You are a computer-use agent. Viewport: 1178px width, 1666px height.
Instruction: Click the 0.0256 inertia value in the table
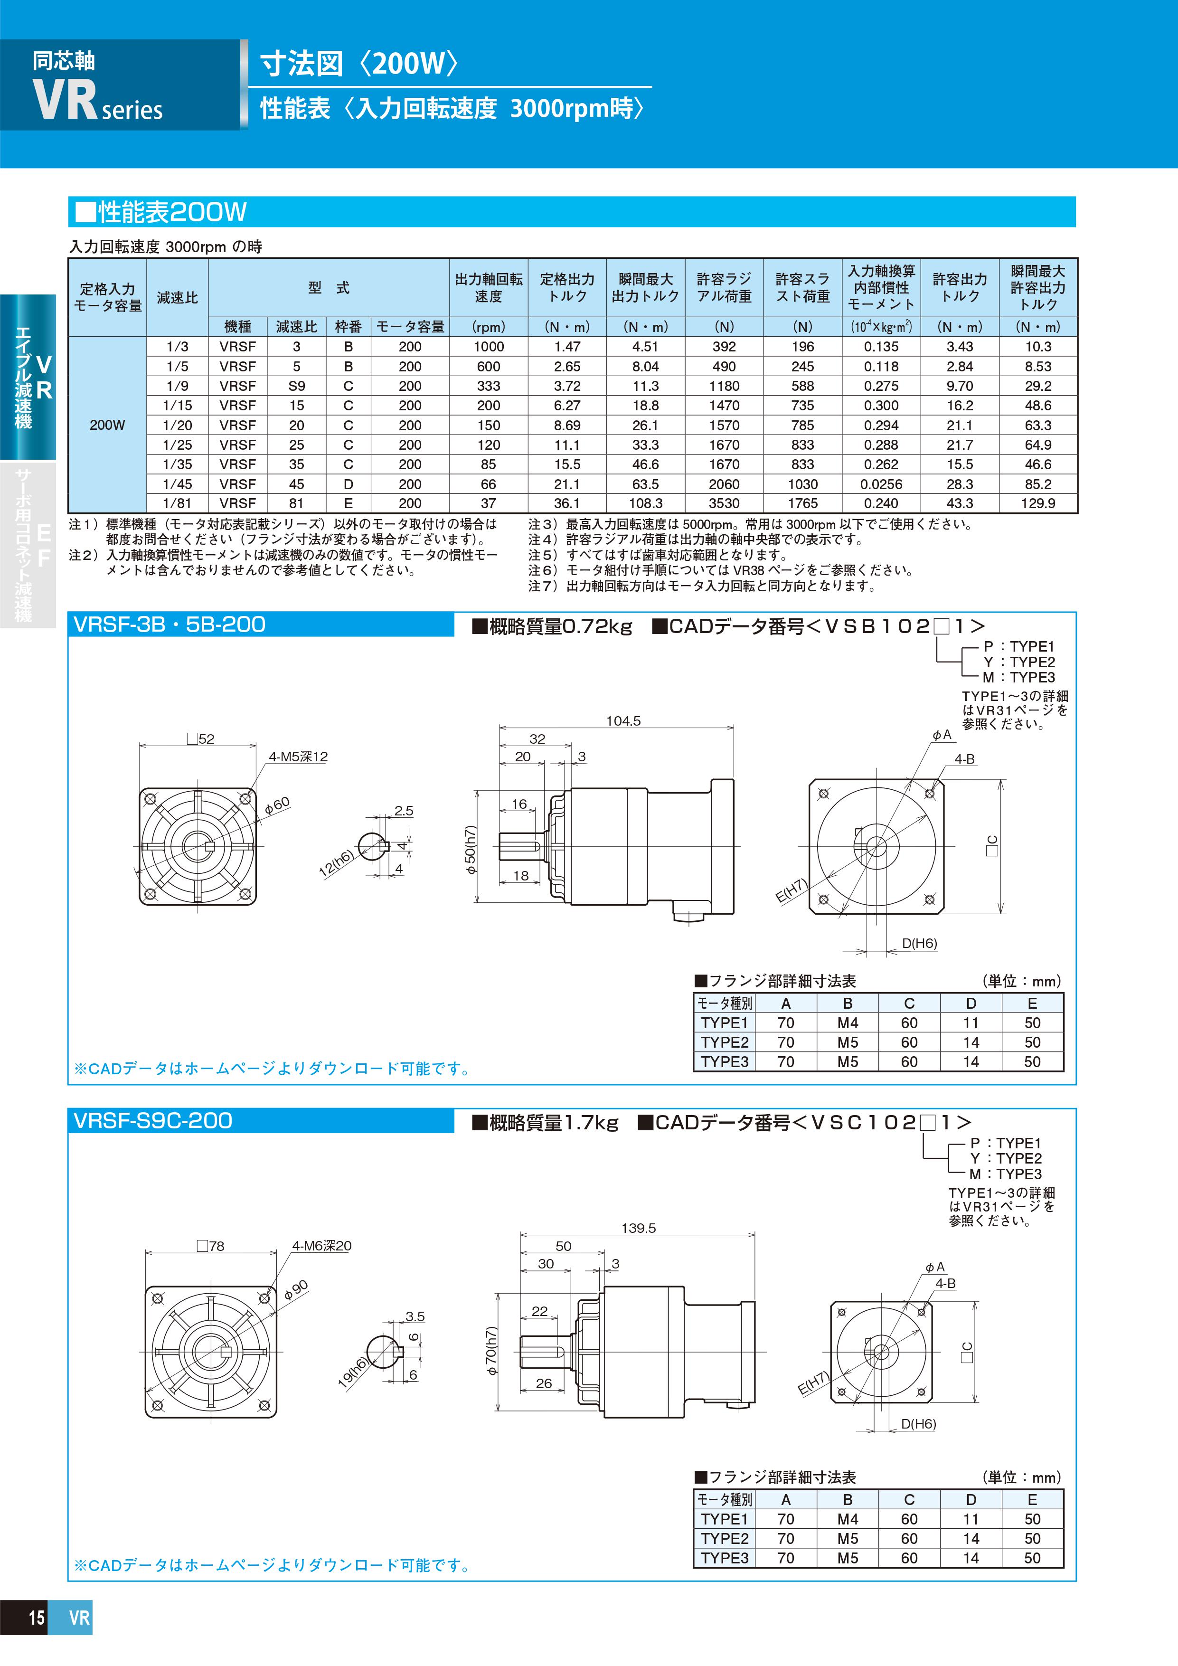pyautogui.click(x=881, y=484)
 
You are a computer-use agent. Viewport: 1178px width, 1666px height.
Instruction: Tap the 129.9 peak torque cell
pyautogui.click(x=1037, y=503)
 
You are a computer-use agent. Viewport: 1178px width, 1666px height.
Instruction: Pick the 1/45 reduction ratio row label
pyautogui.click(x=177, y=484)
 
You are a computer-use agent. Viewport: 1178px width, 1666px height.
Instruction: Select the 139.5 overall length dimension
pyautogui.click(x=638, y=1228)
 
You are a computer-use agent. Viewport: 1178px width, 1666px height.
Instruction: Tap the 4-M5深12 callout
pyautogui.click(x=298, y=757)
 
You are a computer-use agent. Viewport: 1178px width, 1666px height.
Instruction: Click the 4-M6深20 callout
pyautogui.click(x=321, y=1246)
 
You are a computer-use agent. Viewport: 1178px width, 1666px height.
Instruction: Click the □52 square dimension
pyautogui.click(x=201, y=738)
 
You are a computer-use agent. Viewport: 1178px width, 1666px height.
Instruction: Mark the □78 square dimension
pyautogui.click(x=210, y=1246)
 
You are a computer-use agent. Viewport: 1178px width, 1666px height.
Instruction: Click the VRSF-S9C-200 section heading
pyautogui.click(x=153, y=1120)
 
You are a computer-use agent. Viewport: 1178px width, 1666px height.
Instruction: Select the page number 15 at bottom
pyautogui.click(x=36, y=1618)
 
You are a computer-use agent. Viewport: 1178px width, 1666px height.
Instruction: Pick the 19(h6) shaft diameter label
pyautogui.click(x=353, y=1372)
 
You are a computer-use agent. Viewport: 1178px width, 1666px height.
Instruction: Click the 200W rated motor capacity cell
pyautogui.click(x=107, y=425)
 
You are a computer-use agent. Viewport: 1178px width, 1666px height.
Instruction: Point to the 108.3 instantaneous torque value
pyautogui.click(x=645, y=503)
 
